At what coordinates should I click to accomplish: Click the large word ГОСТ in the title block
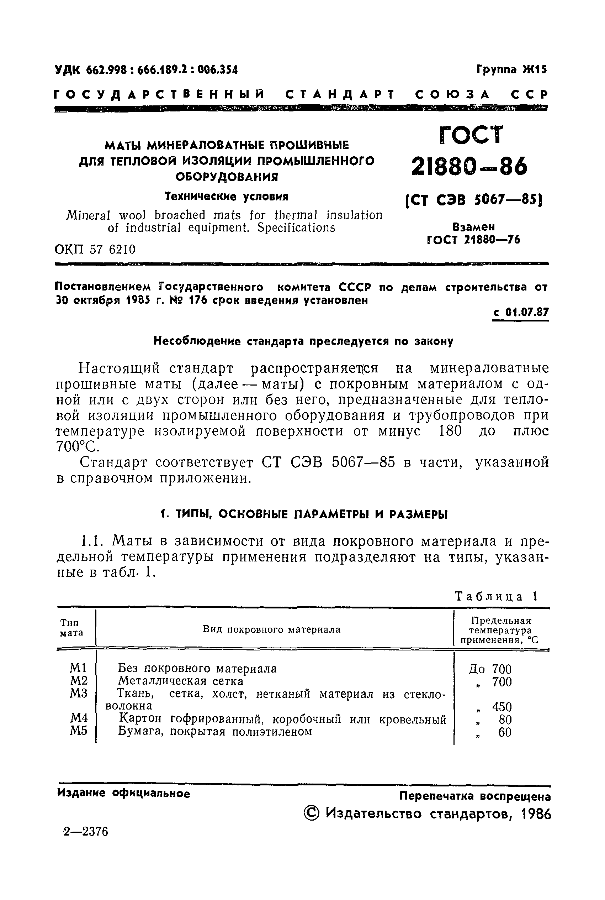click(471, 135)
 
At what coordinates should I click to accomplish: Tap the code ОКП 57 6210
click(95, 250)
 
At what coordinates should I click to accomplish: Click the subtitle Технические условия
click(227, 197)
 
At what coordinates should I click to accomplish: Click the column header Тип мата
click(71, 627)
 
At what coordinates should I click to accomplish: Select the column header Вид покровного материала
click(272, 630)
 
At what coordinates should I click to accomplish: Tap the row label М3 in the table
click(79, 694)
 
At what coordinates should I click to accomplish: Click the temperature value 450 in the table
click(501, 707)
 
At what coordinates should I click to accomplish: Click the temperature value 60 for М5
click(505, 732)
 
